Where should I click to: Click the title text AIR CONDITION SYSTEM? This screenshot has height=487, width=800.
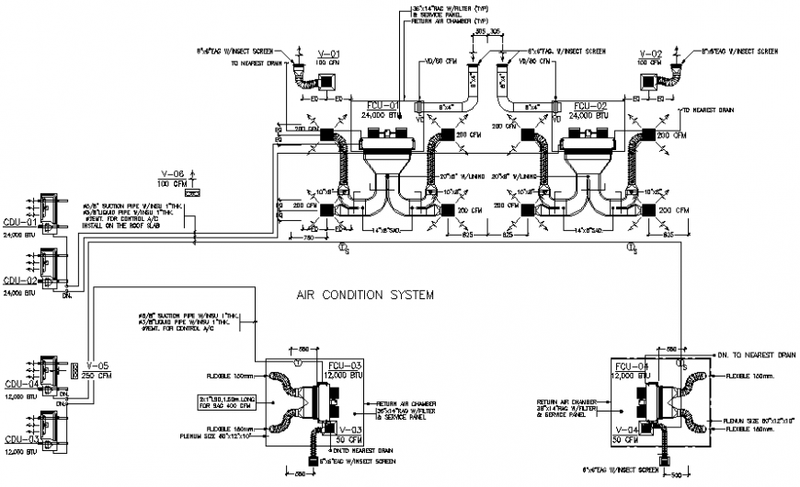[x=365, y=296]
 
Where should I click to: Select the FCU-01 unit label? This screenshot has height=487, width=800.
[x=383, y=105]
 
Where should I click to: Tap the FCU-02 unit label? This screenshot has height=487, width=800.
[x=589, y=105]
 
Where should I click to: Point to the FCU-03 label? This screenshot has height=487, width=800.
[x=346, y=366]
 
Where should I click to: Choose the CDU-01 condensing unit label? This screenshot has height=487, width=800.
[x=19, y=222]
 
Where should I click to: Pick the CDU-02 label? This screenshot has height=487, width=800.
[x=19, y=280]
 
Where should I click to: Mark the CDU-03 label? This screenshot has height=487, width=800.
[x=19, y=440]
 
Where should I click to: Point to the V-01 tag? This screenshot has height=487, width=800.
[x=328, y=52]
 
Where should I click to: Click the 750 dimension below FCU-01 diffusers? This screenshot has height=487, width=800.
[x=310, y=238]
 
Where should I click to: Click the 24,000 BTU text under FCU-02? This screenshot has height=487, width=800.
[x=589, y=115]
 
